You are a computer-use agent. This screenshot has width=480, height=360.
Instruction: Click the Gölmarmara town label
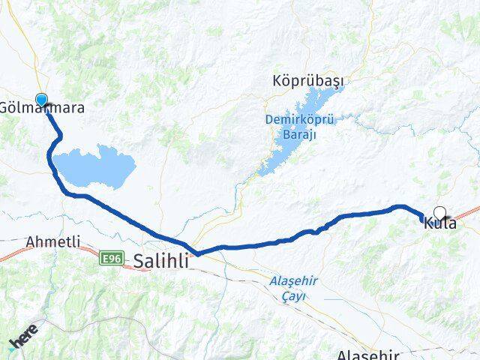point(43,108)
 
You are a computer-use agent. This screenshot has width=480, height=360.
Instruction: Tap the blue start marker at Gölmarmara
point(41,100)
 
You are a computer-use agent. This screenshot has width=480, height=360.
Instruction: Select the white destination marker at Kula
point(440,213)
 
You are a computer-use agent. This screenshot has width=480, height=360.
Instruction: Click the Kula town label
point(440,223)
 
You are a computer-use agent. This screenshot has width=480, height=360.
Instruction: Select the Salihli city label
point(162,260)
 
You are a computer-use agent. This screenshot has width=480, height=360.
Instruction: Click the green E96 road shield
point(111,259)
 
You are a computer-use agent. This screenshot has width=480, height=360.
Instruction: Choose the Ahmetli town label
point(52,242)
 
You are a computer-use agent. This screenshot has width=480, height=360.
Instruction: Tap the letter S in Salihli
point(141,260)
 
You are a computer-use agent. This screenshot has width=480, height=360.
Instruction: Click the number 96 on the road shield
point(114,259)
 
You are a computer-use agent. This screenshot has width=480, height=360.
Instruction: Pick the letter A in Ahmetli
point(31,242)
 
